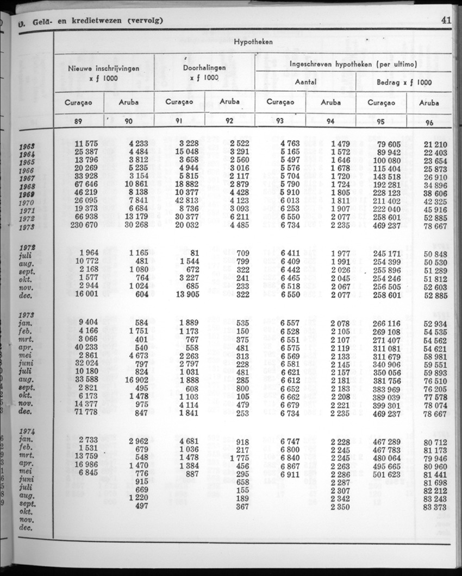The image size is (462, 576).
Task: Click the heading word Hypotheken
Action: (253, 42)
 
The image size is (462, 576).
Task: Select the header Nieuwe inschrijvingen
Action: (104, 69)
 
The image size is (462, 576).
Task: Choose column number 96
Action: (429, 122)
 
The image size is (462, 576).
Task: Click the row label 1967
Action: (27, 178)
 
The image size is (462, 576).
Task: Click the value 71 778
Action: (86, 414)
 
